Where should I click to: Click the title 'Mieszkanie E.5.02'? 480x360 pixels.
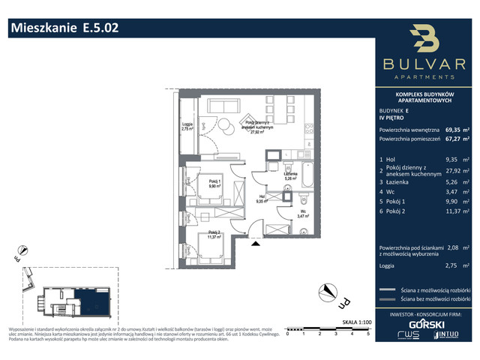[x=64, y=28]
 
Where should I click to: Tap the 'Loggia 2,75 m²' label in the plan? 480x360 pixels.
[x=187, y=127]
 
